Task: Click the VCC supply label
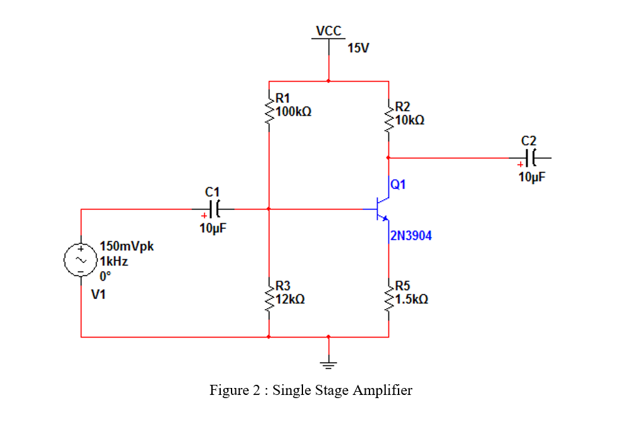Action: [328, 31]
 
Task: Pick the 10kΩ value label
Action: [409, 119]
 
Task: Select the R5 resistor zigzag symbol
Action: [388, 296]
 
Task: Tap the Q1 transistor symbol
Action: [382, 210]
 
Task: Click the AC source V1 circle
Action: [81, 259]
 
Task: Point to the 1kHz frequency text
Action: [114, 260]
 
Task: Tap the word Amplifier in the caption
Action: [383, 391]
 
